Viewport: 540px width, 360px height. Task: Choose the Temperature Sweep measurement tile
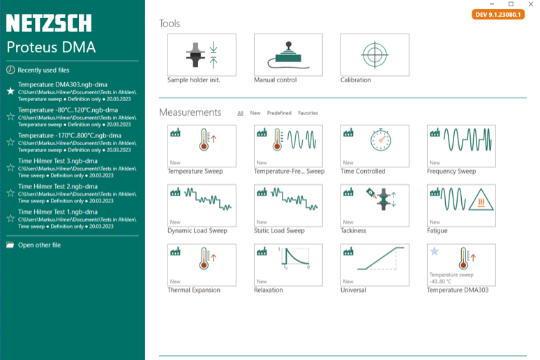tap(202, 146)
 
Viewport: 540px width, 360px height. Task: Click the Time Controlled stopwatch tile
tap(375, 146)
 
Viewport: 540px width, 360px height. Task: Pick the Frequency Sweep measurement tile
tap(461, 146)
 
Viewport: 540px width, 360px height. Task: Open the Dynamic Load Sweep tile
tap(202, 205)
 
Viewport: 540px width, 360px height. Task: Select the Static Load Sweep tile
tap(288, 205)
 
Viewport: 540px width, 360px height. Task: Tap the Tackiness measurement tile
tap(375, 205)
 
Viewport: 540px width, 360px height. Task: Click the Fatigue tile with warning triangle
tap(461, 205)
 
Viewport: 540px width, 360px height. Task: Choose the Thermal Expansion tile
tap(202, 264)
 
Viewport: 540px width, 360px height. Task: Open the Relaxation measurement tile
tap(288, 264)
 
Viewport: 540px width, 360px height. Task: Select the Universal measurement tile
tap(375, 264)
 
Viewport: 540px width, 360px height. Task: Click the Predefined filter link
tap(279, 113)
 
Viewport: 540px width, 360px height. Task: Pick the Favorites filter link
tap(308, 113)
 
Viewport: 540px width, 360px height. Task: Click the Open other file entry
tap(39, 245)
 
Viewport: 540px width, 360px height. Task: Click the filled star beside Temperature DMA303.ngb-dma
tap(10, 91)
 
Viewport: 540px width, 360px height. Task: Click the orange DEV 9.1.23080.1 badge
tap(498, 15)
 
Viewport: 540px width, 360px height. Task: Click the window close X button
tap(530, 4)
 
